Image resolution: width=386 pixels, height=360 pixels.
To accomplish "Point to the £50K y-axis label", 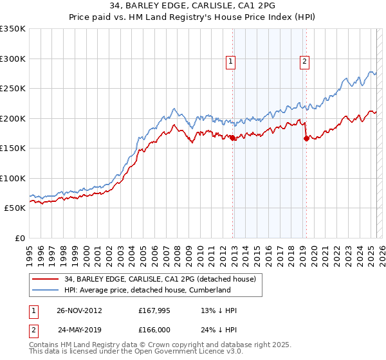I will [15, 208].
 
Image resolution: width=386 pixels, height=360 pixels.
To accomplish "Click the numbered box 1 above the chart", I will [230, 62].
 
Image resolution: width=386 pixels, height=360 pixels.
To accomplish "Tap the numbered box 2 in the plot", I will [304, 62].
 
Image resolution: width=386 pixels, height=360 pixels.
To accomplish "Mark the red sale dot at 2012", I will [233, 138].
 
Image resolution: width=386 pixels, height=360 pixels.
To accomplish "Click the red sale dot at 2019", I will [306, 139].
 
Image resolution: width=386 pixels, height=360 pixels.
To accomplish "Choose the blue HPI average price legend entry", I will [147, 291].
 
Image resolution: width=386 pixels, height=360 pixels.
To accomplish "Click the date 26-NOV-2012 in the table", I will [80, 310].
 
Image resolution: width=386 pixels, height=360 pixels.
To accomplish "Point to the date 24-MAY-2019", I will [80, 330].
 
